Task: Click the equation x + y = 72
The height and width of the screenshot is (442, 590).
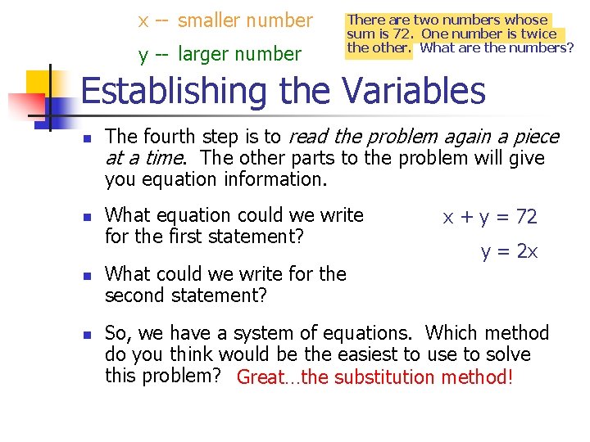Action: (490, 217)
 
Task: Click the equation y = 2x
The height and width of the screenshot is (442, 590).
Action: (509, 251)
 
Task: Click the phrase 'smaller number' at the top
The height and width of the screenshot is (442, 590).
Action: (245, 20)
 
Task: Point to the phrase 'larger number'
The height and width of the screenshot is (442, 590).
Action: (239, 54)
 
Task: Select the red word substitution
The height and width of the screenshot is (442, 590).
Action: (385, 377)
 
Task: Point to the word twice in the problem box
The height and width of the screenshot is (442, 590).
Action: (539, 34)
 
